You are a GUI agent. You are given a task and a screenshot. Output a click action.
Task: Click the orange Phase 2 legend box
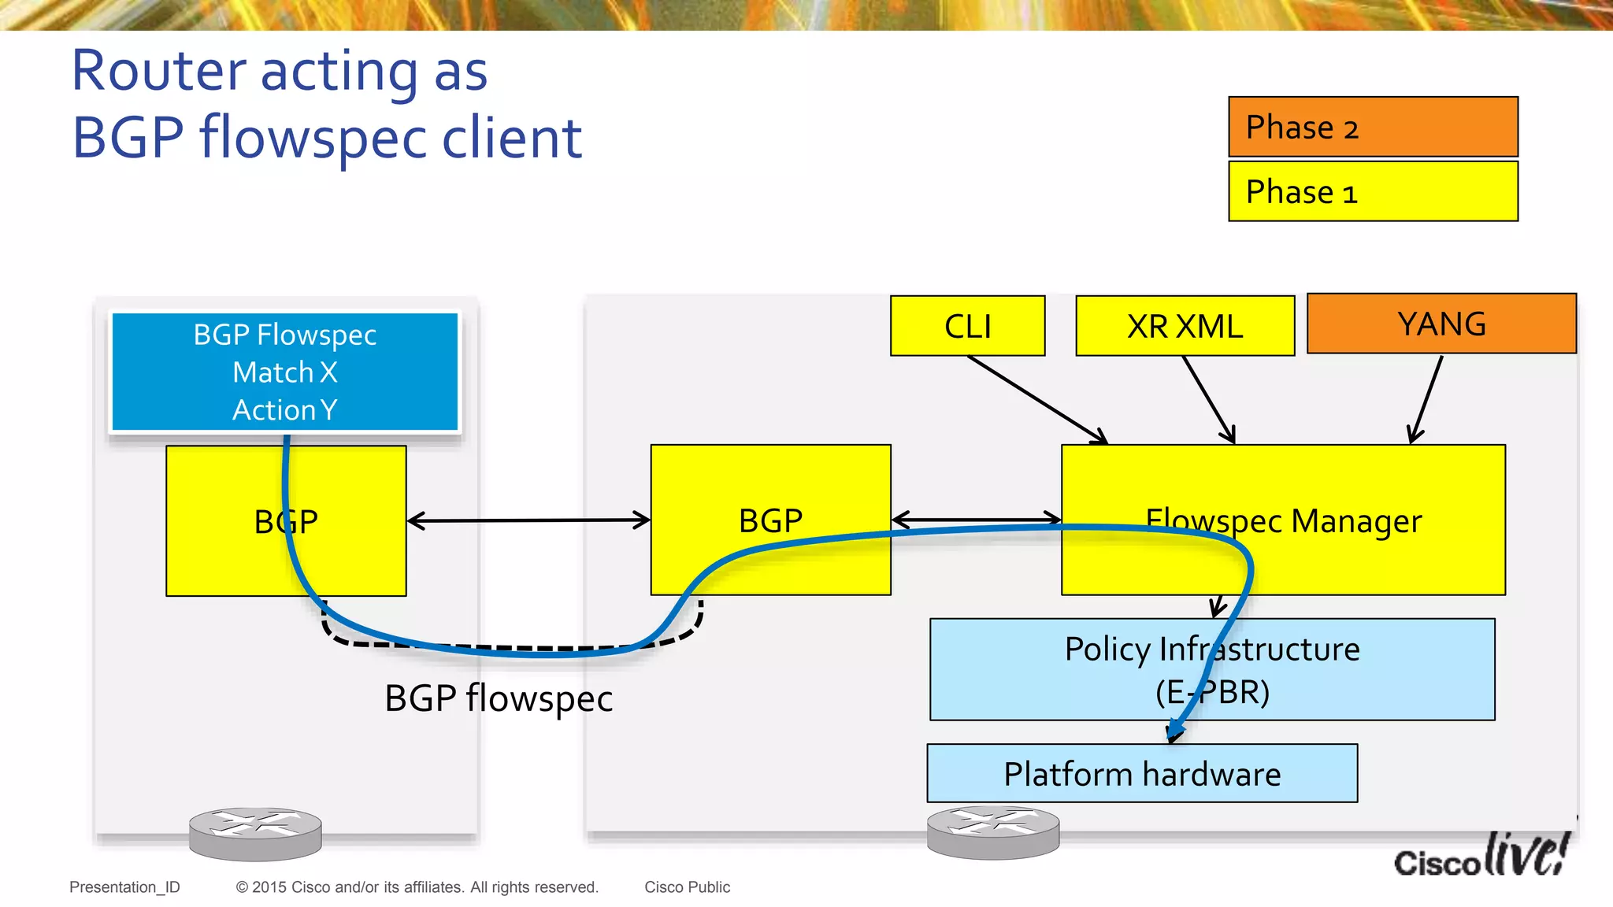pyautogui.click(x=1373, y=127)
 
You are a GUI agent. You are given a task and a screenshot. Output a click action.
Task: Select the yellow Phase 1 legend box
pyautogui.click(x=1373, y=191)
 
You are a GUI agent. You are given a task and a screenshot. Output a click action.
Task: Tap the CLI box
pyautogui.click(x=967, y=326)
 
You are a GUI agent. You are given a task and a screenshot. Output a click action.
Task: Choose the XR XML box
pyautogui.click(x=1185, y=326)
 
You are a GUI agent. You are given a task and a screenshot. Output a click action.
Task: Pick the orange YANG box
pyautogui.click(x=1441, y=324)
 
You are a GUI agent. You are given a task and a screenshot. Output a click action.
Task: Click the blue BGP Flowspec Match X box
pyautogui.click(x=284, y=372)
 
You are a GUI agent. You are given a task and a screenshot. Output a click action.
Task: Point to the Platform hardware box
pyautogui.click(x=1142, y=773)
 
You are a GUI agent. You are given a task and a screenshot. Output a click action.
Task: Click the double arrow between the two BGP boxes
pyautogui.click(x=528, y=520)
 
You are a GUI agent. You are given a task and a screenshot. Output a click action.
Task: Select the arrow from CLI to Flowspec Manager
pyautogui.click(x=1037, y=399)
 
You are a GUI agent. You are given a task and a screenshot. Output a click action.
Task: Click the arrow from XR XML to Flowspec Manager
pyautogui.click(x=1208, y=399)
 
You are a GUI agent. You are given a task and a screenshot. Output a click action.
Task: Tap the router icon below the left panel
pyautogui.click(x=255, y=834)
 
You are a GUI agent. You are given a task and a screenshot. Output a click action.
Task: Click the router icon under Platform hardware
pyautogui.click(x=992, y=832)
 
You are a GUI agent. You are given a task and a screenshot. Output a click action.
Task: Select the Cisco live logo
pyautogui.click(x=1481, y=857)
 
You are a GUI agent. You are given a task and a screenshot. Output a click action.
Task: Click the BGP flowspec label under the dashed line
pyautogui.click(x=499, y=699)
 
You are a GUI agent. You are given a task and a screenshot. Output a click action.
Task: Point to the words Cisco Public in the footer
pyautogui.click(x=687, y=887)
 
